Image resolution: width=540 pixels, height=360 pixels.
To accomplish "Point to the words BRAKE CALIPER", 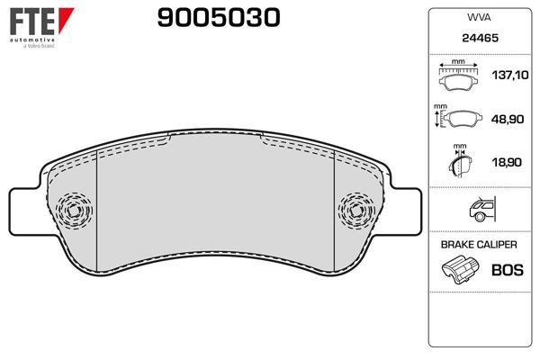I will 478,245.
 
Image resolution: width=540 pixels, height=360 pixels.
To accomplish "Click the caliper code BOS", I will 506,269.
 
